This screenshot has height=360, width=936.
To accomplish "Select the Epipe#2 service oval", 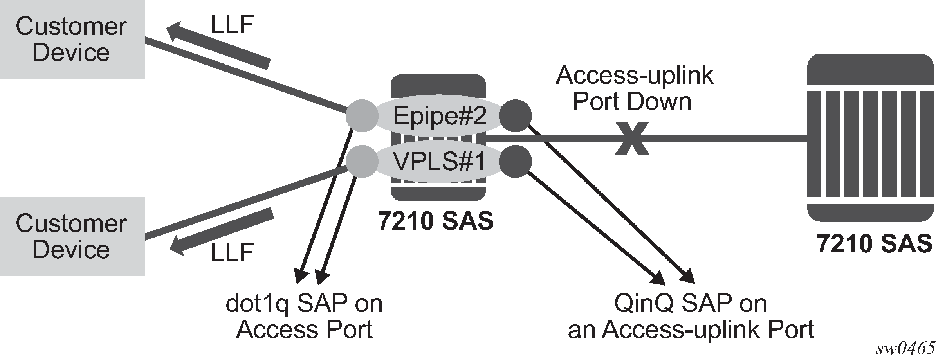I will tap(439, 116).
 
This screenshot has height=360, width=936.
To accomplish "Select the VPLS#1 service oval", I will tap(439, 161).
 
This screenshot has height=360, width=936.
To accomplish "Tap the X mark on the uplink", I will tap(632, 139).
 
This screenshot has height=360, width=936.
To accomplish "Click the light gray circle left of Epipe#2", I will tap(362, 116).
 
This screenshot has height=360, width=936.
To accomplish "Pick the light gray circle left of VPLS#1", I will tap(362, 161).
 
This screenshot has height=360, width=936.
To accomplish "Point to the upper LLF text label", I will tap(233, 25).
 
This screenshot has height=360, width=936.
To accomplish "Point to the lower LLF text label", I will tap(233, 252).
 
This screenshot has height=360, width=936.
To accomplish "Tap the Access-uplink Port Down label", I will tap(634, 88).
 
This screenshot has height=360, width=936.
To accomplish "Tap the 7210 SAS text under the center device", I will tap(436, 221).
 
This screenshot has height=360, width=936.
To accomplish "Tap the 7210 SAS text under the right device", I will tap(875, 244).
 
